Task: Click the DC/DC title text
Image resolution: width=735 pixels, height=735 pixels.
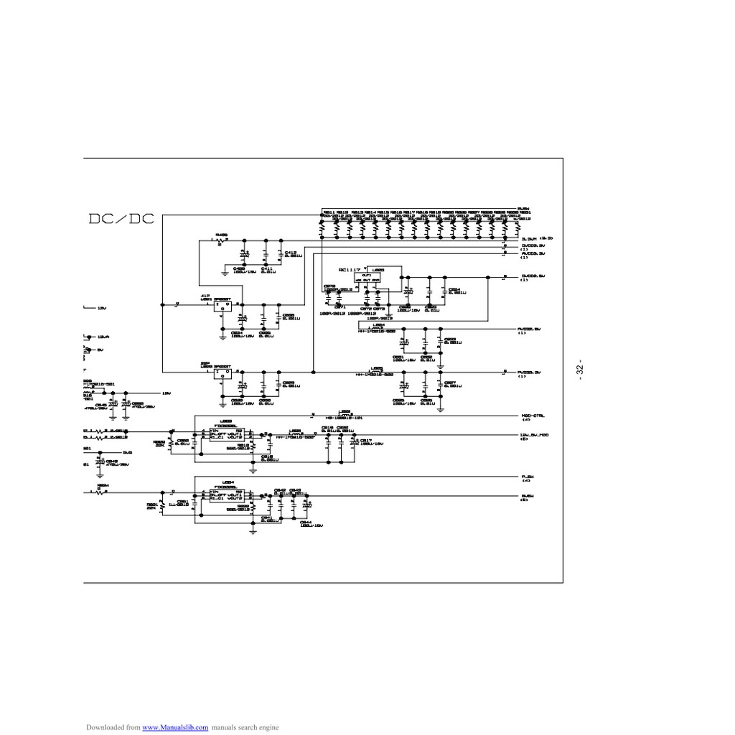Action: point(121,218)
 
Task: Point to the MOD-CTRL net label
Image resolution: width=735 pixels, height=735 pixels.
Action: point(533,416)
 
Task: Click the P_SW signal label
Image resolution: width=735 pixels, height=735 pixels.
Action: point(527,477)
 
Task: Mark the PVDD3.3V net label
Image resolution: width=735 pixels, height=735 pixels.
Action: point(530,373)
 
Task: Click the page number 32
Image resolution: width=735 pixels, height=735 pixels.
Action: point(579,370)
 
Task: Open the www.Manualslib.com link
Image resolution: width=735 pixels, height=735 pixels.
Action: point(176,727)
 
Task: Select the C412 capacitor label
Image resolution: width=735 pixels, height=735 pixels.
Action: point(289,253)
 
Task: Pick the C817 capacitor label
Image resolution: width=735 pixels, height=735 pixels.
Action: point(365,440)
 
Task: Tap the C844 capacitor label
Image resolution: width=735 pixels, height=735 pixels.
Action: point(306,522)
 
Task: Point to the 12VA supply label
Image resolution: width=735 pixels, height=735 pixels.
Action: point(103,336)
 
